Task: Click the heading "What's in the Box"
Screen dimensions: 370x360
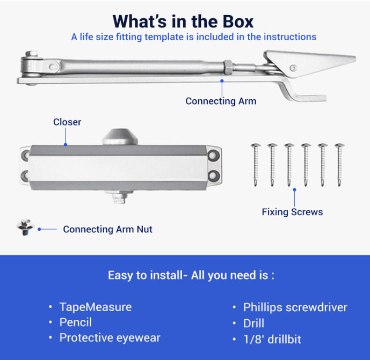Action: [183, 21]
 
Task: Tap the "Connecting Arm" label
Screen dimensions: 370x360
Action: [221, 101]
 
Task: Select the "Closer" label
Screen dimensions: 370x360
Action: [67, 122]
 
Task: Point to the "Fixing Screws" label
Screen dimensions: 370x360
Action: [292, 212]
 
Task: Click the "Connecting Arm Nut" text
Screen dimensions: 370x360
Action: [107, 230]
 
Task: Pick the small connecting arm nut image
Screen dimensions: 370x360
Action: [25, 227]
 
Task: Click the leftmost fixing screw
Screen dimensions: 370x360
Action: [256, 165]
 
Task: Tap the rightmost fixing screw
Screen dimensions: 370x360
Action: [339, 165]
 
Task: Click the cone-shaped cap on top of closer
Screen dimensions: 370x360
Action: [120, 137]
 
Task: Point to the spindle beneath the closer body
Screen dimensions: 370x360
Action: [119, 197]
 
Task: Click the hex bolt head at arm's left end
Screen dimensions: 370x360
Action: [31, 54]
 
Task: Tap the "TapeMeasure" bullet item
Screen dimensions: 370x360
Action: [96, 307]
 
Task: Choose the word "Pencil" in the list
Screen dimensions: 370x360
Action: [76, 322]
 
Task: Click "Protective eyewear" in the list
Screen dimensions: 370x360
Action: [110, 338]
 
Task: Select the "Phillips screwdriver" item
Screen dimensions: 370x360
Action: [295, 307]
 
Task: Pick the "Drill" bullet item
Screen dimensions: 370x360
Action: [253, 323]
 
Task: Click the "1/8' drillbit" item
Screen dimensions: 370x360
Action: [272, 340]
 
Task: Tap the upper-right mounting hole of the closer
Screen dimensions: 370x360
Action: [214, 156]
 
